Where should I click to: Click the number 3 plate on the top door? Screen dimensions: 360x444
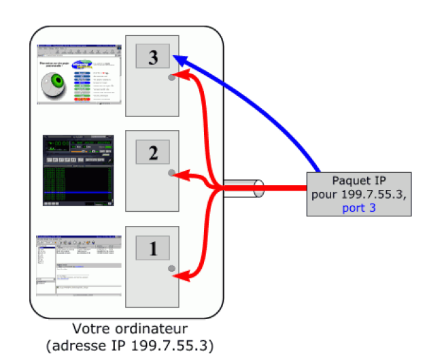click(x=153, y=57)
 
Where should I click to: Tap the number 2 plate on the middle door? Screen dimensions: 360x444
click(x=153, y=152)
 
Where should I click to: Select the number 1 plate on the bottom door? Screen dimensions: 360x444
click(x=153, y=249)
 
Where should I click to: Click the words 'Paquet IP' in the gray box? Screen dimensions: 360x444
click(x=358, y=180)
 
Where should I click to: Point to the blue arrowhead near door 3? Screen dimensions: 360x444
click(x=178, y=58)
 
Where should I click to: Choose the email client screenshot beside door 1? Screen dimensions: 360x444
click(x=77, y=265)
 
